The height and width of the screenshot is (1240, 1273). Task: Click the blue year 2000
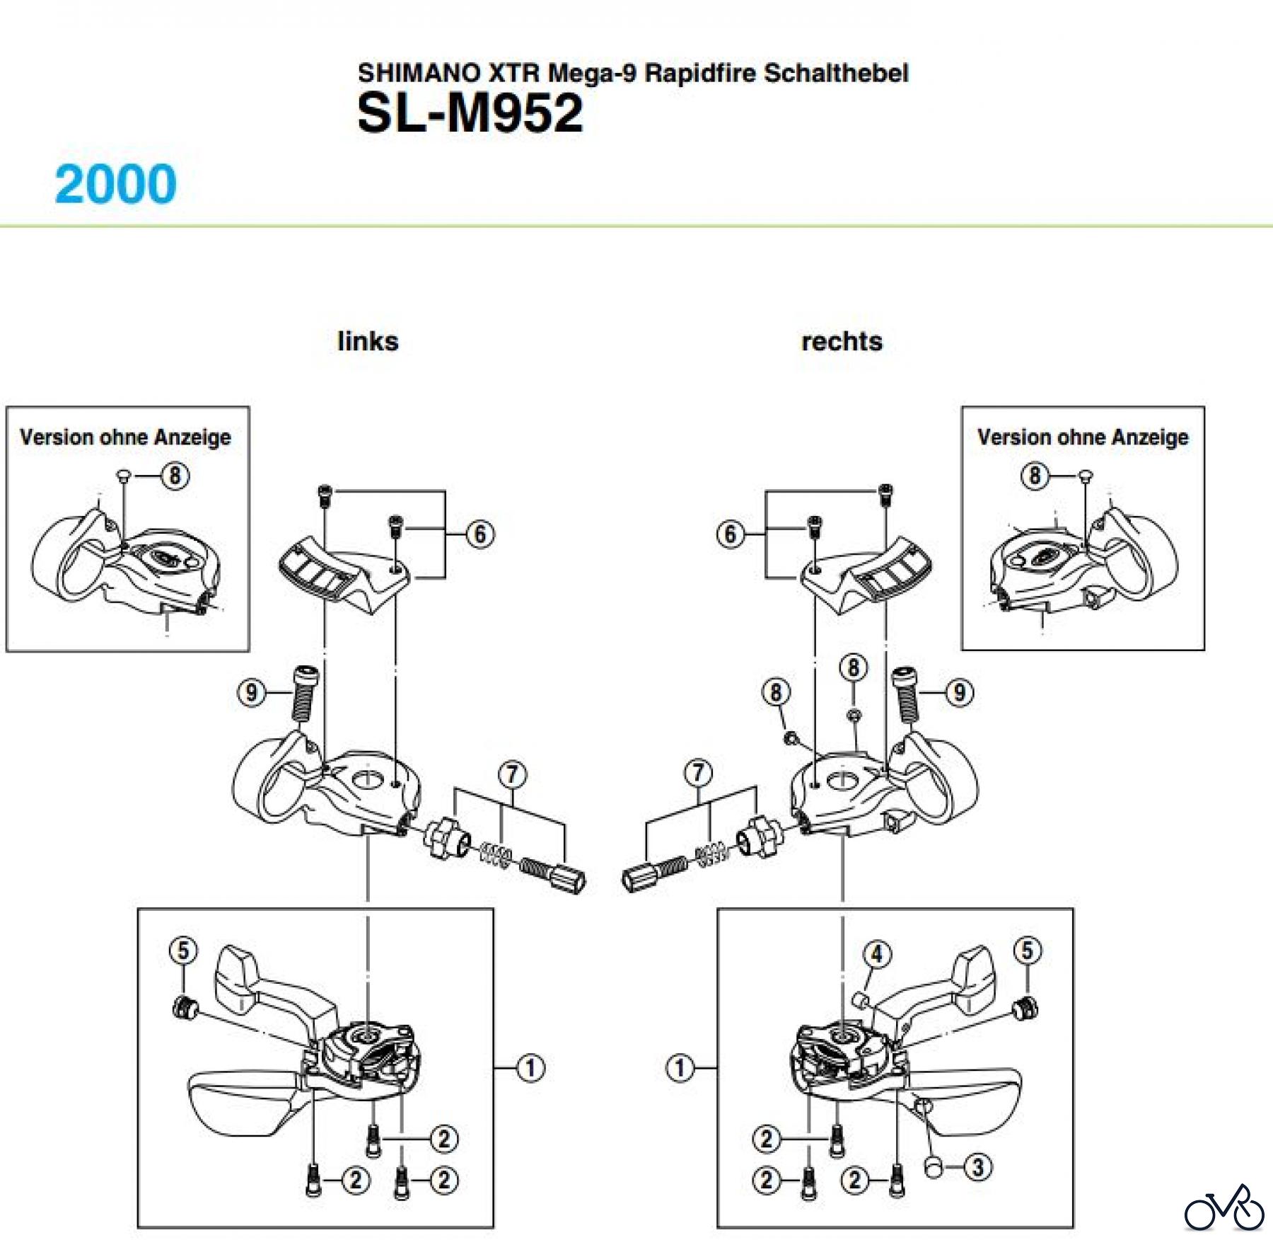pyautogui.click(x=115, y=184)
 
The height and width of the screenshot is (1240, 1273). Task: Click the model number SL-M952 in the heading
pyautogui.click(x=470, y=113)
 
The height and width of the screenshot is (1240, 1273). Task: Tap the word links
pyautogui.click(x=368, y=341)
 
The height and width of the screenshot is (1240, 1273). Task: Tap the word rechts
pyautogui.click(x=842, y=341)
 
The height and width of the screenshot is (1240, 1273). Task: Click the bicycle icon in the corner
pyautogui.click(x=1224, y=1208)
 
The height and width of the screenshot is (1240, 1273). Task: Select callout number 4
pyautogui.click(x=877, y=954)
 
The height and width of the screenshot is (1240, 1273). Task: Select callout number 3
pyautogui.click(x=978, y=1167)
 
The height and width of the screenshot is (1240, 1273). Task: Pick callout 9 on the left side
pyautogui.click(x=251, y=692)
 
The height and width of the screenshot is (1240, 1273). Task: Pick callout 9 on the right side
pyautogui.click(x=960, y=692)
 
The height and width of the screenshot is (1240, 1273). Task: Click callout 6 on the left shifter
pyautogui.click(x=480, y=534)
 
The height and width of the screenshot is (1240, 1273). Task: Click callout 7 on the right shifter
pyautogui.click(x=698, y=772)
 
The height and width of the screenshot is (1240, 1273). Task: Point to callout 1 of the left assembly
pyautogui.click(x=530, y=1067)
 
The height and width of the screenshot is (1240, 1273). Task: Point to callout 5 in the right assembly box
pyautogui.click(x=1028, y=951)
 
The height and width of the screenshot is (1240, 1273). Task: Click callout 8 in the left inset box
pyautogui.click(x=175, y=476)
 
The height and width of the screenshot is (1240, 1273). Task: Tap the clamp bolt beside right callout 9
pyautogui.click(x=906, y=695)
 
